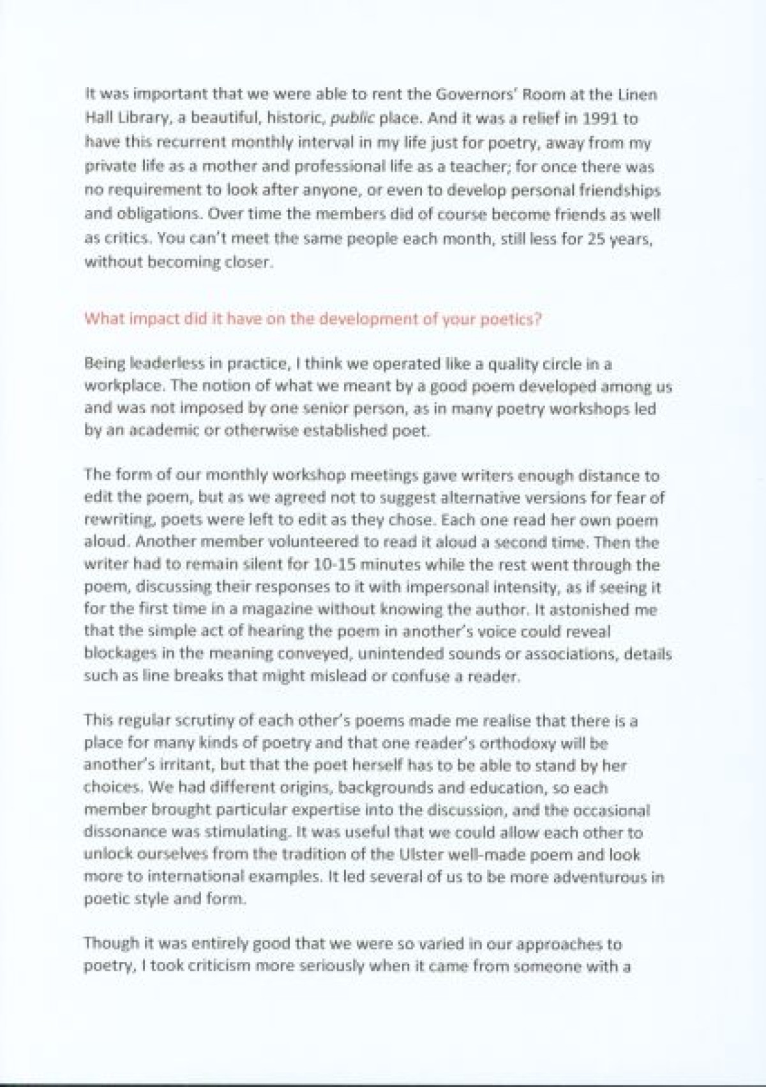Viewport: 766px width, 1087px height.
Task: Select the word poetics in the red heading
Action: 514,319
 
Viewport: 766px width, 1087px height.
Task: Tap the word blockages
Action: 115,653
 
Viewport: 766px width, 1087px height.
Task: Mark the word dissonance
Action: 124,832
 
